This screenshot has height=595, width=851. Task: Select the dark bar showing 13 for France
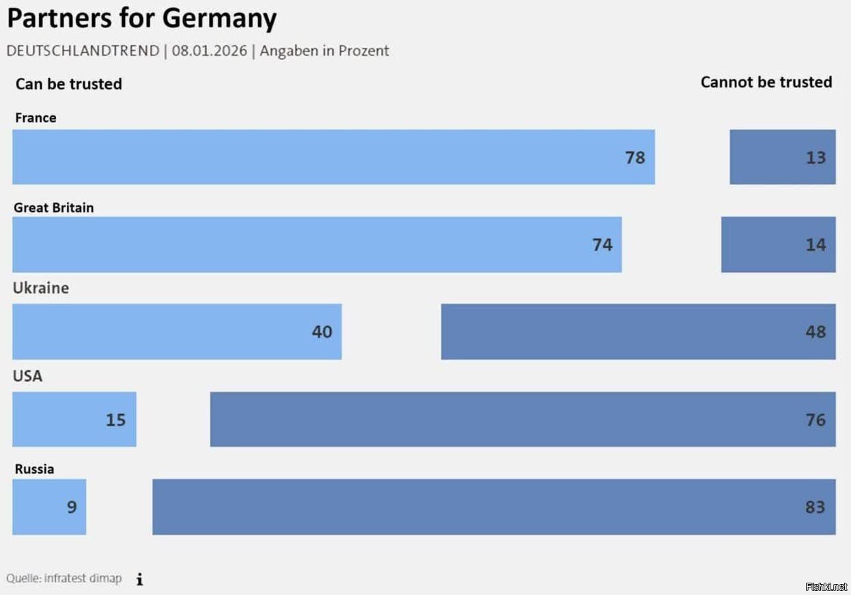click(x=782, y=157)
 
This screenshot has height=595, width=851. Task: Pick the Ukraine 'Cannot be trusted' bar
click(x=638, y=332)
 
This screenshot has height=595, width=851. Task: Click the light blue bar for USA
click(x=74, y=419)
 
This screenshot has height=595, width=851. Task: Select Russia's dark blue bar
click(x=493, y=507)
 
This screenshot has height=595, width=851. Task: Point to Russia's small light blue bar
click(x=49, y=507)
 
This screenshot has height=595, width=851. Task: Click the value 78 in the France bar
click(x=635, y=158)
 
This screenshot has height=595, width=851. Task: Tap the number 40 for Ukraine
click(x=321, y=332)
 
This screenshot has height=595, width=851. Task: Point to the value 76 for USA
click(x=816, y=419)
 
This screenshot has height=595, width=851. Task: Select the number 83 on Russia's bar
click(x=815, y=507)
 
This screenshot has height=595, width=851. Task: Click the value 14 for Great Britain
click(x=816, y=245)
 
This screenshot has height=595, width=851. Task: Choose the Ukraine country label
click(x=41, y=288)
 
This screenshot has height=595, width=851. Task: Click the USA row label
click(x=27, y=376)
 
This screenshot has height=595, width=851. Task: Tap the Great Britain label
click(x=54, y=207)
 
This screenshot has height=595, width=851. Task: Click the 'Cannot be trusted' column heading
click(x=766, y=83)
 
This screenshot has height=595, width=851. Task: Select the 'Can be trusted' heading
click(x=68, y=84)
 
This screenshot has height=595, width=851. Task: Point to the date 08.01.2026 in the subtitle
click(x=209, y=51)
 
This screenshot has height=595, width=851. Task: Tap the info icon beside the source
click(x=139, y=579)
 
